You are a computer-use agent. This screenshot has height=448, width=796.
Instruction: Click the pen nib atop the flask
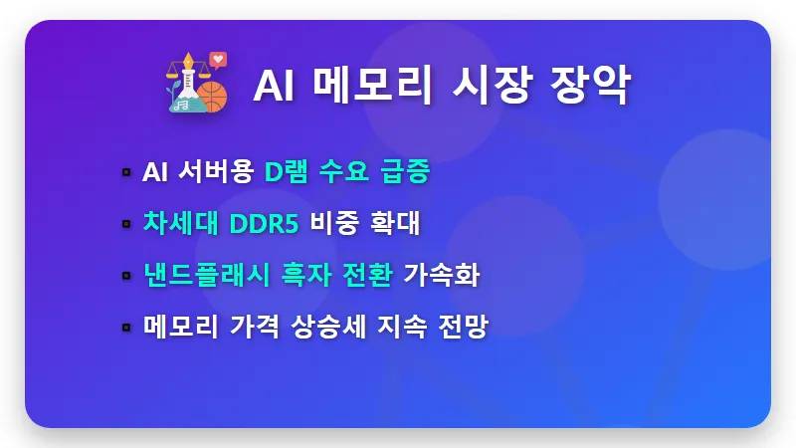coord(184,69)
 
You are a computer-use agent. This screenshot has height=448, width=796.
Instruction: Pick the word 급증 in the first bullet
coord(405,172)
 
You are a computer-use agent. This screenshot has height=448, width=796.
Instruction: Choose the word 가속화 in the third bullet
coord(441,275)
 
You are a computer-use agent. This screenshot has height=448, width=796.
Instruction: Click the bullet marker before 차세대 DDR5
coord(126,224)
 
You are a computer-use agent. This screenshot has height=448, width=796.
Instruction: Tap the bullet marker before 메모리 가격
coord(126,327)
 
